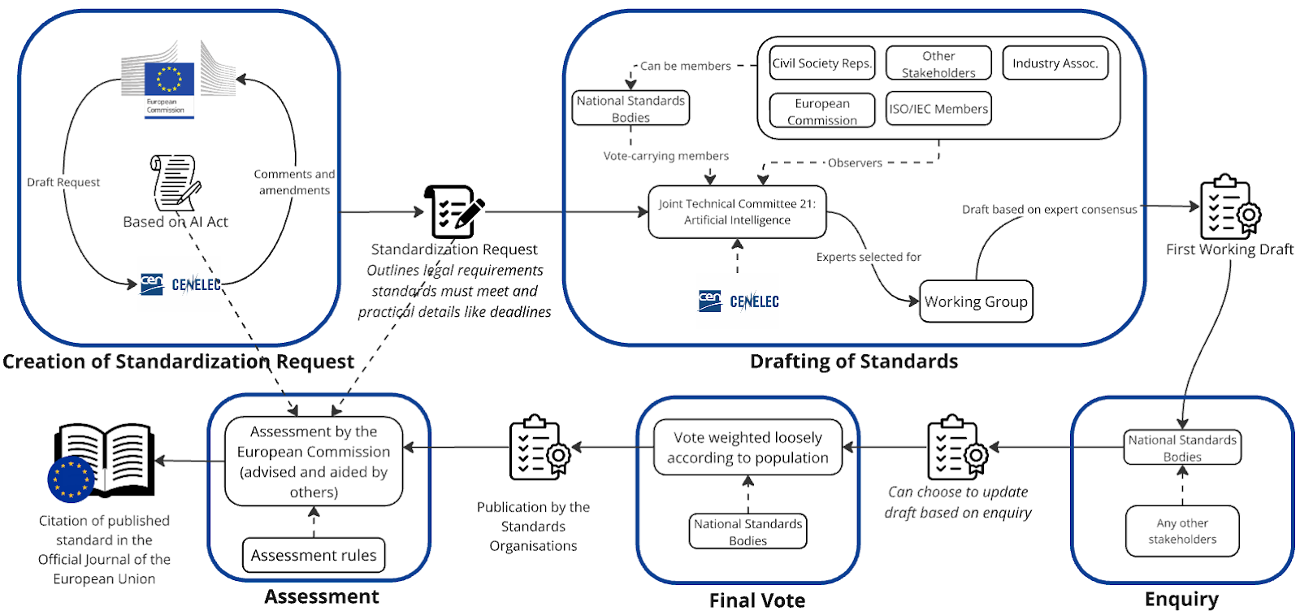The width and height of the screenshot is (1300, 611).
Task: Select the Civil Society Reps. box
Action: tap(822, 63)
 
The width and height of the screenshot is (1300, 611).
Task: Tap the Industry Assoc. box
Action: tap(1055, 63)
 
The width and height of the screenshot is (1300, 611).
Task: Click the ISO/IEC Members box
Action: tap(938, 109)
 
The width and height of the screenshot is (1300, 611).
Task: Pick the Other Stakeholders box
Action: tap(938, 63)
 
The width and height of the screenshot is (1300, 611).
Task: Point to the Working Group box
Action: tap(976, 301)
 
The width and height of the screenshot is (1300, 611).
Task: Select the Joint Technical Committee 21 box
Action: tap(737, 212)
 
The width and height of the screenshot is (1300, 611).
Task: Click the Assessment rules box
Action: tap(314, 555)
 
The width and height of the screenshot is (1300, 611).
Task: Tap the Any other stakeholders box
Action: tap(1182, 531)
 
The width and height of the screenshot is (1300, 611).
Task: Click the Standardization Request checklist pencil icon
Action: tap(453, 210)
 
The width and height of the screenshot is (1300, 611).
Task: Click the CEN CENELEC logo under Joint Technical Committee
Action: tap(739, 301)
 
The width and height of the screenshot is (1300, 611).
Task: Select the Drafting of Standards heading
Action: tap(854, 362)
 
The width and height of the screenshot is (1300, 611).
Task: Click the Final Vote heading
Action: tap(757, 600)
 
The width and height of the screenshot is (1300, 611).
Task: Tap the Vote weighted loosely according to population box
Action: tap(747, 448)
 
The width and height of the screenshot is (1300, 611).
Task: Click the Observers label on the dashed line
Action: tap(855, 162)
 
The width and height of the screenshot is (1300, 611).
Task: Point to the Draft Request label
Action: tap(63, 182)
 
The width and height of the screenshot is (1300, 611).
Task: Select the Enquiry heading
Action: tap(1181, 600)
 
